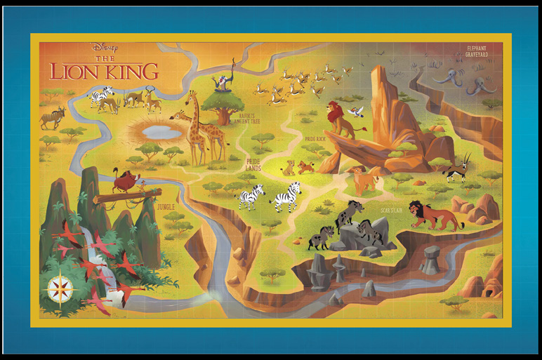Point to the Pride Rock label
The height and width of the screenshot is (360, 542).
pyautogui.click(x=315, y=139)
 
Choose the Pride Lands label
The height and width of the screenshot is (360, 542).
pyautogui.click(x=253, y=165)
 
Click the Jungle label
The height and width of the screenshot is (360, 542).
pyautogui.click(x=166, y=207)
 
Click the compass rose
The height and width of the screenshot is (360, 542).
pyautogui.click(x=62, y=286)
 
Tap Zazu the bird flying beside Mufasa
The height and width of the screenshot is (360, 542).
pyautogui.click(x=357, y=110)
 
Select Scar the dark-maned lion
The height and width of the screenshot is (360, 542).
pyautogui.click(x=435, y=214)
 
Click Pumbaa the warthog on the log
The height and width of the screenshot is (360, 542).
pyautogui.click(x=127, y=182)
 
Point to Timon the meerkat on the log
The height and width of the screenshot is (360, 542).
pyautogui.click(x=144, y=185)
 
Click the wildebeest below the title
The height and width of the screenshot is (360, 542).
pyautogui.click(x=52, y=116)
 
